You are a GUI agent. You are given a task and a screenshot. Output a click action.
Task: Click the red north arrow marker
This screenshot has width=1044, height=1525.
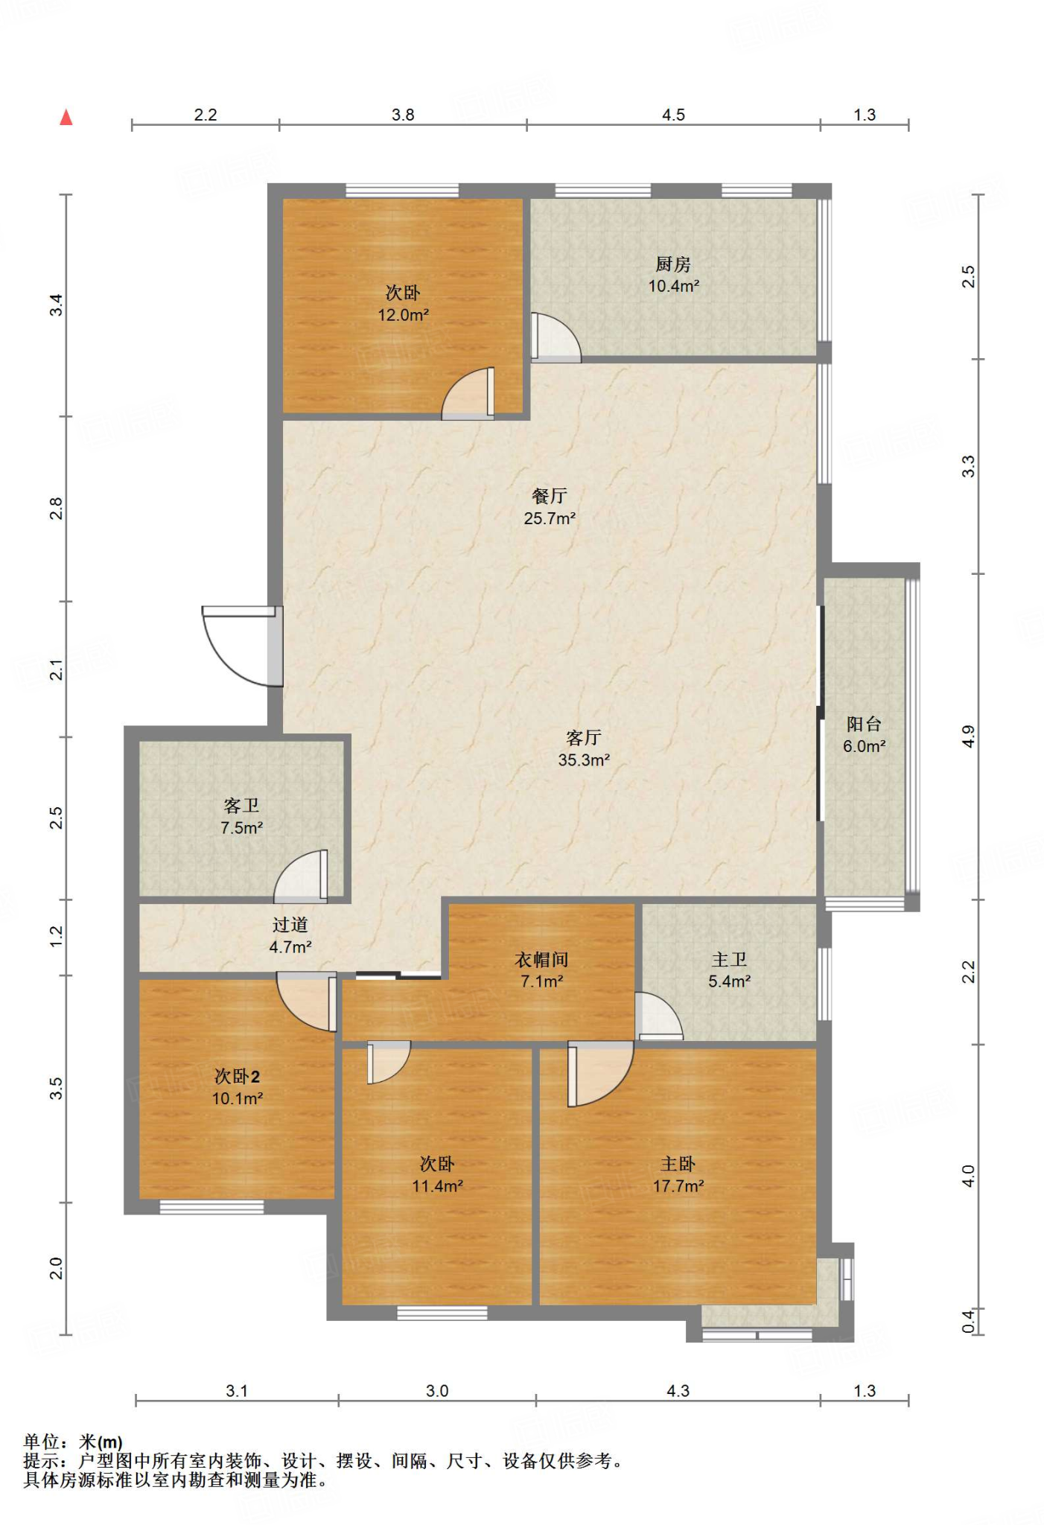pos(66,117)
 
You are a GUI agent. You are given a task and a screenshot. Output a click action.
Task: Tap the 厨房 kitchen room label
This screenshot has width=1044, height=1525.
pos(673,264)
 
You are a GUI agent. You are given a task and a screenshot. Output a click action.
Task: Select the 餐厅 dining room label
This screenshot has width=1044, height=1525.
pos(550,496)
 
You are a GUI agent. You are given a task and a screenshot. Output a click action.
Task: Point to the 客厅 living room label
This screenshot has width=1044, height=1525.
pos(584,738)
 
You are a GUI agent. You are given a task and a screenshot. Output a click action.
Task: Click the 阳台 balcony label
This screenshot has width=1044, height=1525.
pos(864,724)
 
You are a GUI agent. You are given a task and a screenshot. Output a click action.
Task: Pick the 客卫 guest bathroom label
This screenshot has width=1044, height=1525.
pos(241,806)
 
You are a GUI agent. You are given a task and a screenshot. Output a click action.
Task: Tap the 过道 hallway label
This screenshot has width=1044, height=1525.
pos(290,925)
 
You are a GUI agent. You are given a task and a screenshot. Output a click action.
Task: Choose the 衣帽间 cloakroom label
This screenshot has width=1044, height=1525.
pos(541,960)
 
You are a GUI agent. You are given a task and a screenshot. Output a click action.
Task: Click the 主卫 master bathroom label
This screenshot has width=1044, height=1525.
pos(729,960)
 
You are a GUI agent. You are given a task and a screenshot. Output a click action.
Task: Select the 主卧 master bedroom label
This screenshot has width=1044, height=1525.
pos(678,1164)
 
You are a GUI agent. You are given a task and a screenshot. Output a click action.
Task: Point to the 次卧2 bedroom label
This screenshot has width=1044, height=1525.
pos(237,1077)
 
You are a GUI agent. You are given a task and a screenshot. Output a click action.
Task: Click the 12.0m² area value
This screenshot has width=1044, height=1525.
pos(403,315)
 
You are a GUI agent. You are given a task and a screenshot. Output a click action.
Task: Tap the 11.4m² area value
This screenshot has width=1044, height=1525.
pos(437,1186)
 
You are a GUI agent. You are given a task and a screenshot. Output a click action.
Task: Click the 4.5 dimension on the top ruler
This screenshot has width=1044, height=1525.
pos(673,115)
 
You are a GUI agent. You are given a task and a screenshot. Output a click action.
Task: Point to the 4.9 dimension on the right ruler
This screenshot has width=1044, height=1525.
pos(967,737)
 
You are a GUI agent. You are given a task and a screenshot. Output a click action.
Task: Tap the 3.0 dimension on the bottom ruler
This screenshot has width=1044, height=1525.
pos(437,1391)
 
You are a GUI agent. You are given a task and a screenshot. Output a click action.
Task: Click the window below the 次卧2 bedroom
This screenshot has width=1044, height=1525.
pos(211,1207)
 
